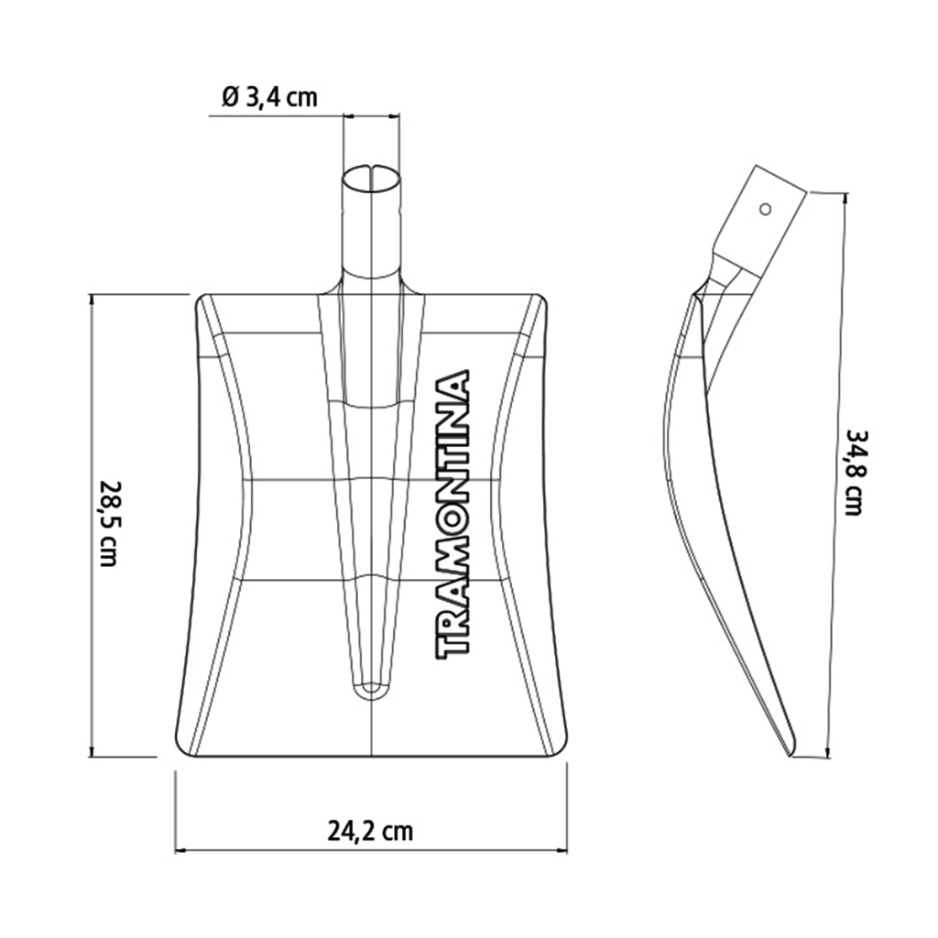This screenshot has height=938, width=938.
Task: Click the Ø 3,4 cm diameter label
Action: (x=269, y=97)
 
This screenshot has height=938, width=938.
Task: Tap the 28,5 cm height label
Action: (x=108, y=523)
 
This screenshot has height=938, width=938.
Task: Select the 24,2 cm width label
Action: (x=371, y=830)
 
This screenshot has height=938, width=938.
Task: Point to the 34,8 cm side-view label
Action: (x=853, y=473)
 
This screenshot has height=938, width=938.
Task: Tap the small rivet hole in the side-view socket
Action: (x=765, y=209)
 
